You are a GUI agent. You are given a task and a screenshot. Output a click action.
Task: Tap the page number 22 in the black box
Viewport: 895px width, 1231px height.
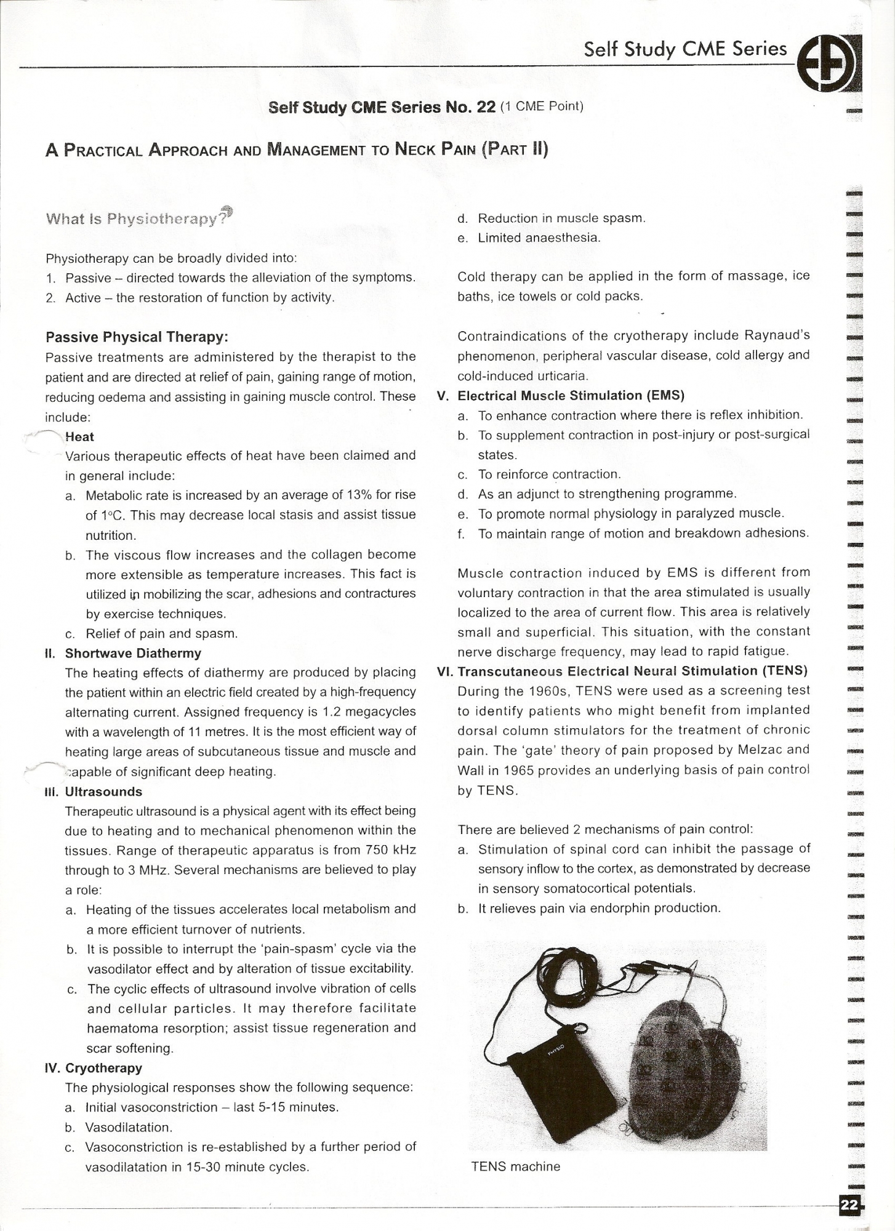coord(849,1205)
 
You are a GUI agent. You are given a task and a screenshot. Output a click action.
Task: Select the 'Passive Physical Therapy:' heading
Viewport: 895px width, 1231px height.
coord(137,337)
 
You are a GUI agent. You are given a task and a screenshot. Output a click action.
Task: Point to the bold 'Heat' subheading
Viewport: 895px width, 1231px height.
coord(79,437)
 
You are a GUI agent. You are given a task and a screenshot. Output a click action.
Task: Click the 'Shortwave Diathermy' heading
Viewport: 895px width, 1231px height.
coord(133,653)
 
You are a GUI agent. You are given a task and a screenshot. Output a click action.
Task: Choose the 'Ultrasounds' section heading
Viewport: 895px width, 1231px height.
coord(103,792)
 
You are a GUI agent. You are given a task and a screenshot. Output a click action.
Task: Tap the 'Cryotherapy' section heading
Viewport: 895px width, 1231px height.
coord(103,1068)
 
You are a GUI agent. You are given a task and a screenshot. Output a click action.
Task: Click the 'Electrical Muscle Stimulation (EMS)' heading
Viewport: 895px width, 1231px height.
coord(571,395)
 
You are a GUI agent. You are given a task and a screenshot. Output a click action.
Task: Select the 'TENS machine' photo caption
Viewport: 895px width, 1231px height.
coord(515,1166)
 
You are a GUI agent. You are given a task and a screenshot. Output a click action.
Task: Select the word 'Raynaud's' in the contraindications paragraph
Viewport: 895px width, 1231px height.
coord(777,335)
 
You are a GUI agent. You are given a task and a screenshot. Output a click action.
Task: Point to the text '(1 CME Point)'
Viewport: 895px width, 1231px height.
coord(542,106)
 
